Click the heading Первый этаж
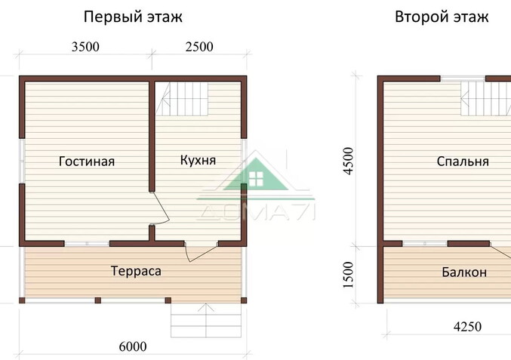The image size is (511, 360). (x=133, y=17)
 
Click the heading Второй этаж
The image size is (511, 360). (x=442, y=17)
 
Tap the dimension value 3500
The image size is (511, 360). (x=85, y=47)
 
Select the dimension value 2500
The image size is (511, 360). (x=199, y=47)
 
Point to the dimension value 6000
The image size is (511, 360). (x=133, y=347)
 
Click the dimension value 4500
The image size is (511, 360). (x=348, y=161)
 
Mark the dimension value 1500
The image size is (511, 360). (x=348, y=275)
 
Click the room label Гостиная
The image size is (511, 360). (x=87, y=161)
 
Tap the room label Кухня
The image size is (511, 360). (x=199, y=160)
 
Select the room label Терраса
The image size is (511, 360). (x=136, y=271)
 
